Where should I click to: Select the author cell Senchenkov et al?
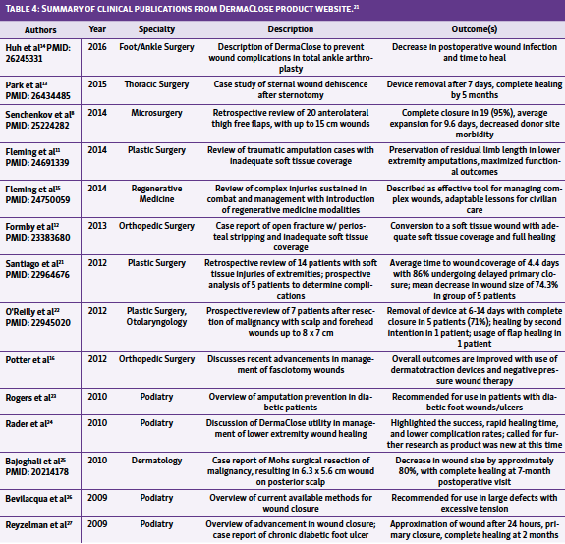[41, 114]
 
